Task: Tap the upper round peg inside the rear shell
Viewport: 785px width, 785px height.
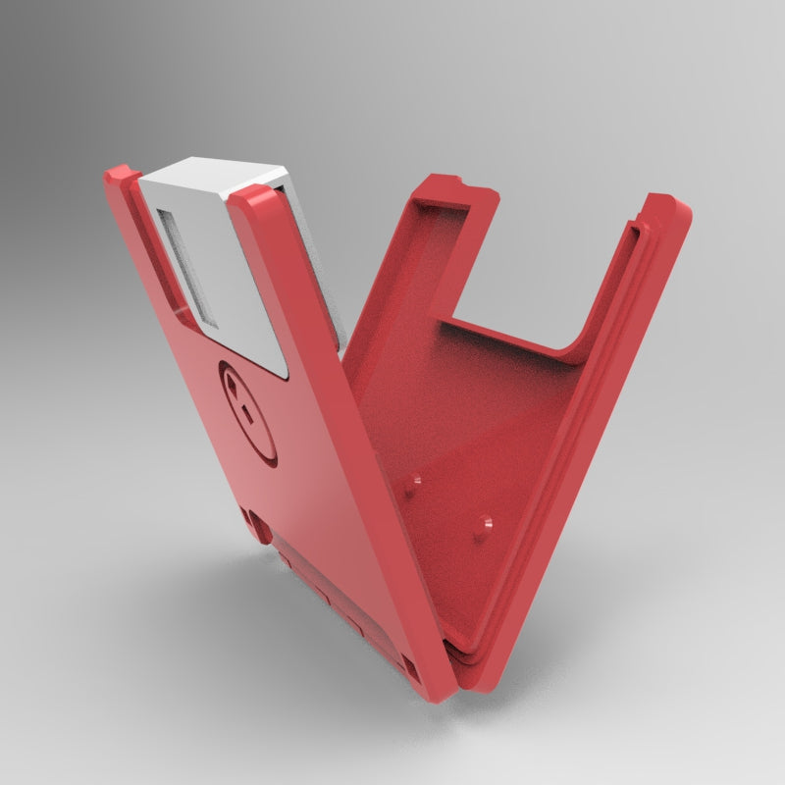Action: pos(416,480)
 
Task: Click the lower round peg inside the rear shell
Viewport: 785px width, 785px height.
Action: pos(483,524)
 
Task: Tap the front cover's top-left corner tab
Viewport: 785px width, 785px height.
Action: pos(120,178)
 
